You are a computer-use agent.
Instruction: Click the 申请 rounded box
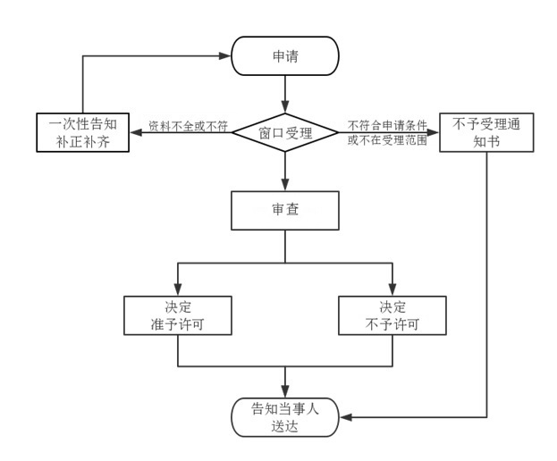click(285, 56)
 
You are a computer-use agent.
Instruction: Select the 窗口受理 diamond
click(285, 133)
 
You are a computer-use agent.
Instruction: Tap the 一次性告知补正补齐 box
click(82, 133)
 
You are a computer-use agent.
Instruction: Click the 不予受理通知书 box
click(486, 133)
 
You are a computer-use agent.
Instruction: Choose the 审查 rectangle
click(285, 212)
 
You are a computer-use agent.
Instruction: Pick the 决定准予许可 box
click(179, 314)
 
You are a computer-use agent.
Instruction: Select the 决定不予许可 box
click(392, 314)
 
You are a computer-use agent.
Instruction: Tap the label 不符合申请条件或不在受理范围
click(387, 132)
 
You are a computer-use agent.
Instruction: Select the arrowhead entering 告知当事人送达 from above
click(285, 391)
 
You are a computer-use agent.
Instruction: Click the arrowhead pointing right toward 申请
click(225, 56)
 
